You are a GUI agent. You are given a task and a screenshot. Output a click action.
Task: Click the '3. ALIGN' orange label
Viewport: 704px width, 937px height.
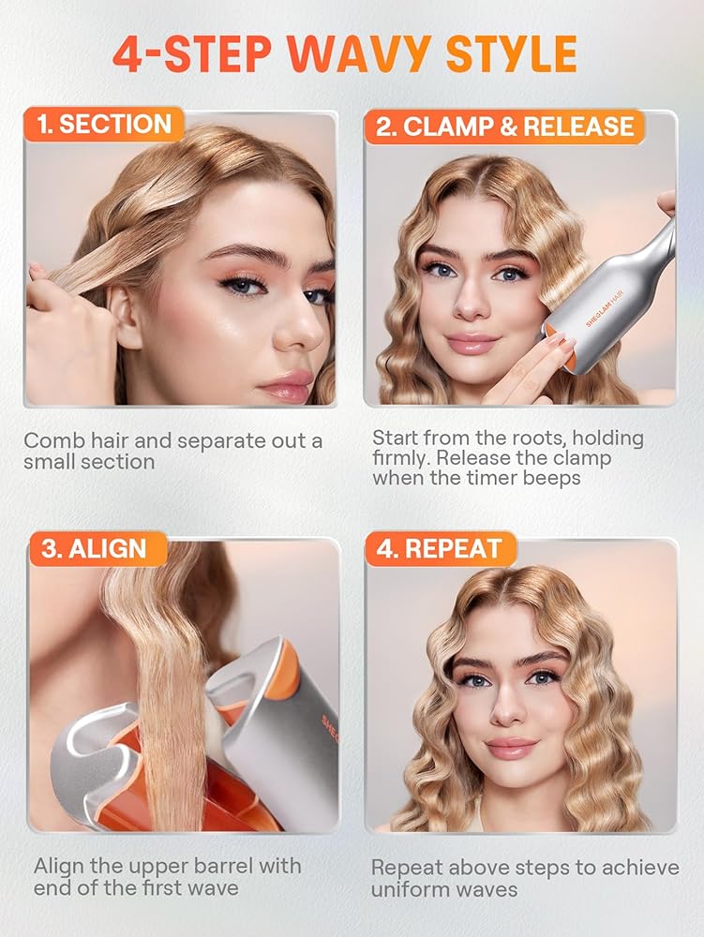click(x=98, y=549)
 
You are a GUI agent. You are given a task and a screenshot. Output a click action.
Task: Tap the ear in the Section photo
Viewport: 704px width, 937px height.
click(x=129, y=314)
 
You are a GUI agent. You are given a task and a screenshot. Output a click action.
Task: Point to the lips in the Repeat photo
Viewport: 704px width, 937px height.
click(x=511, y=748)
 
